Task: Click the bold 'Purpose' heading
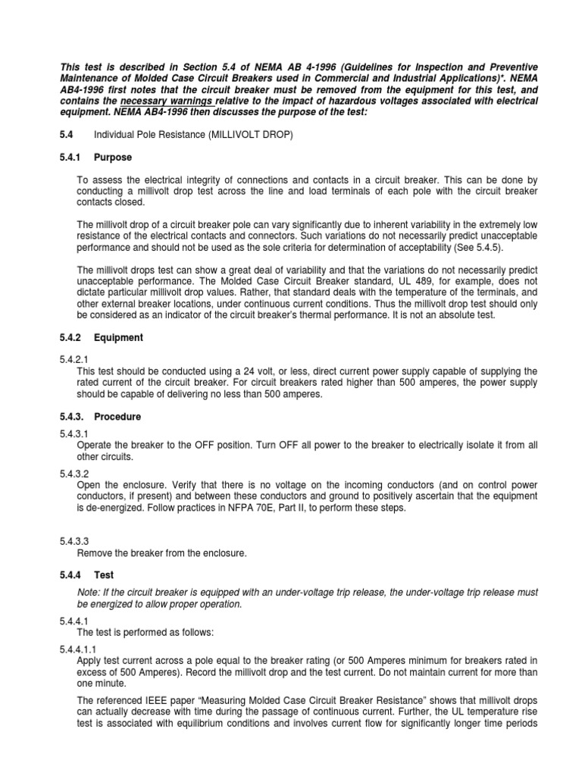(x=112, y=158)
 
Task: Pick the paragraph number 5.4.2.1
(x=74, y=360)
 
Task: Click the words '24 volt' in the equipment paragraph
(x=254, y=371)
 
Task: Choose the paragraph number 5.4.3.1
(x=74, y=433)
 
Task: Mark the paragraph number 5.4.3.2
(x=74, y=473)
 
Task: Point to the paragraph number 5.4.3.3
(x=74, y=541)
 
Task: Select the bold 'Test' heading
(x=104, y=575)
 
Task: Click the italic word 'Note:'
(x=92, y=593)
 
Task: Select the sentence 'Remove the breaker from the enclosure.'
(x=161, y=553)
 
